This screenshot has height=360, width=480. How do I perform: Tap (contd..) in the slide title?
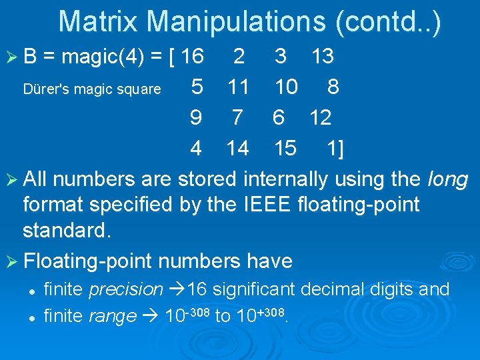coord(389,21)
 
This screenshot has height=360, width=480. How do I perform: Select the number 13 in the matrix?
coord(323,57)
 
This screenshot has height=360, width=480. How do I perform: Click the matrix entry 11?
coord(238,87)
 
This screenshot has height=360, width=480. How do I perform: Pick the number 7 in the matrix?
coord(237,117)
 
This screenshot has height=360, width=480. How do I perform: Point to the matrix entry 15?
coord(285,148)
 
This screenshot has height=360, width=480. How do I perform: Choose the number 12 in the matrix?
coord(321,117)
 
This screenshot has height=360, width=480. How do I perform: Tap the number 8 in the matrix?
coord(333,87)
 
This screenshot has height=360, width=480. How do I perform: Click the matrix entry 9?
coord(196,117)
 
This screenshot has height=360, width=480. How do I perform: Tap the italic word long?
coord(448,179)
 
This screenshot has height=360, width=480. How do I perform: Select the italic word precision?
coord(126,289)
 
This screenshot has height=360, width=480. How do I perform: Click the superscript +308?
coord(274,311)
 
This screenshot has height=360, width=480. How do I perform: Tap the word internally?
coord(286,179)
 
